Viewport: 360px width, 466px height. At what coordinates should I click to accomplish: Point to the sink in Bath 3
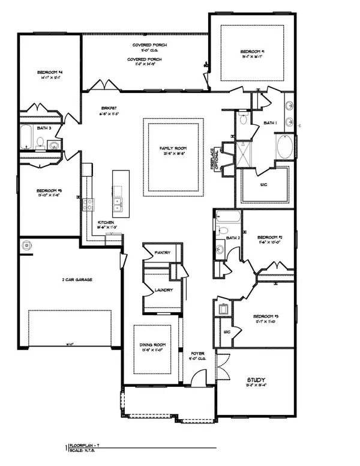53,144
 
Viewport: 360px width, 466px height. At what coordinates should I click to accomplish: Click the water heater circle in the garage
27,245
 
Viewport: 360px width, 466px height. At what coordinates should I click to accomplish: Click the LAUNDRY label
164,290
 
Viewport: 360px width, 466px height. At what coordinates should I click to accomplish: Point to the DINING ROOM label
152,345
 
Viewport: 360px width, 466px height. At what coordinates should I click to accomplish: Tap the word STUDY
257,380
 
